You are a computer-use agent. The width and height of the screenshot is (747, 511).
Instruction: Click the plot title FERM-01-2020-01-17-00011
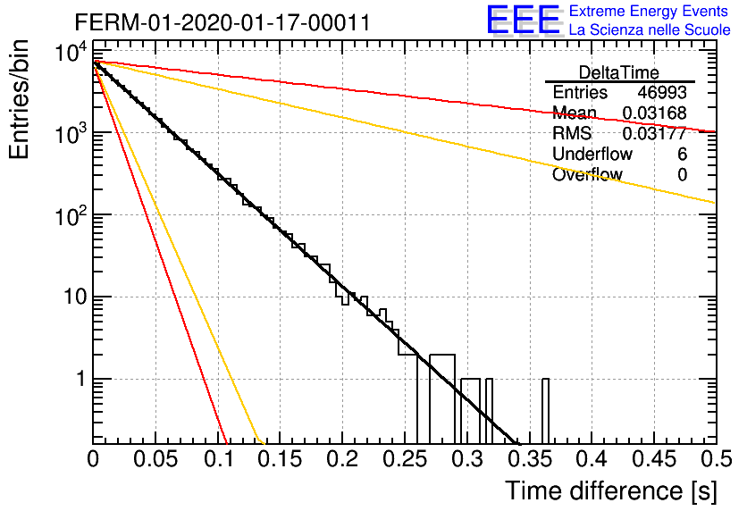tap(222, 22)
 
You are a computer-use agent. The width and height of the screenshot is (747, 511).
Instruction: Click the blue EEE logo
tap(523, 20)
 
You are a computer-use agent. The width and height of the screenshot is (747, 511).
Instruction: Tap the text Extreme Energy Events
tap(649, 11)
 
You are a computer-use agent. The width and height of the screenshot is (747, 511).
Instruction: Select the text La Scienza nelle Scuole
tap(650, 29)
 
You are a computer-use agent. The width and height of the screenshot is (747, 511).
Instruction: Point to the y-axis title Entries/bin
tap(19, 99)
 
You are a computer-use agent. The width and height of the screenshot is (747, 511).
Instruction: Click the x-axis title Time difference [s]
tap(611, 491)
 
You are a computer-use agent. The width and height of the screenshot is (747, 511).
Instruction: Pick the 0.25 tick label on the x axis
tap(405, 459)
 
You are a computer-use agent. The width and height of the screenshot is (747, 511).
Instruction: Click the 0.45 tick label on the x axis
tap(655, 459)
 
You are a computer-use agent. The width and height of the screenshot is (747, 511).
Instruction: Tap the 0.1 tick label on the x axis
tap(218, 459)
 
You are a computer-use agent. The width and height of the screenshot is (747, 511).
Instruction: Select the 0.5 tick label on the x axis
tap(717, 459)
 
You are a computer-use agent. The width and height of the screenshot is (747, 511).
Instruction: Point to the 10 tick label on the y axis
tap(75, 297)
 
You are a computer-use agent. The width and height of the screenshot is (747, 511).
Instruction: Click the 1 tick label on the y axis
tap(81, 379)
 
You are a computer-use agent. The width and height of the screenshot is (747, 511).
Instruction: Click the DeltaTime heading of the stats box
tap(619, 73)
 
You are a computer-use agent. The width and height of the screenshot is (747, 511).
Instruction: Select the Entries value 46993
tap(662, 93)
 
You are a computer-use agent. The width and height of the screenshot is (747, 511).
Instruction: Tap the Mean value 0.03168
tap(655, 113)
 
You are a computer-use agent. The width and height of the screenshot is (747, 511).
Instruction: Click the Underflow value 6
tap(682, 154)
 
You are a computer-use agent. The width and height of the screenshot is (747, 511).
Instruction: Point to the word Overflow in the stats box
tap(587, 174)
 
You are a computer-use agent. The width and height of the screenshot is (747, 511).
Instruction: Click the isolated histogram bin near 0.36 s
tap(545, 411)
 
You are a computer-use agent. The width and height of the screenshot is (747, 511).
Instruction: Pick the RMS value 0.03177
tap(655, 133)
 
